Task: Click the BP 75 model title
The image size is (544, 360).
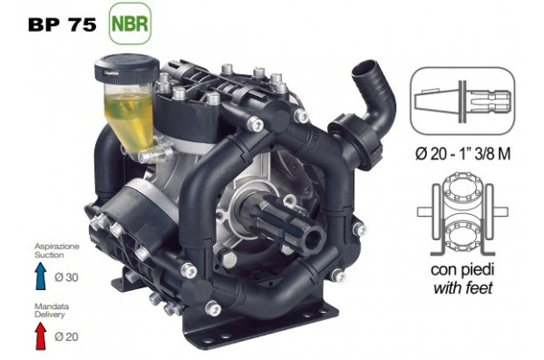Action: [x=63, y=24]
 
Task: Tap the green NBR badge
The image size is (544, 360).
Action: [x=130, y=24]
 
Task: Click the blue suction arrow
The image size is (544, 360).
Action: [x=41, y=276]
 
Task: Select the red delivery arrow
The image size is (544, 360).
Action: [x=41, y=336]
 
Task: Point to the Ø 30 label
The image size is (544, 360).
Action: [x=66, y=277]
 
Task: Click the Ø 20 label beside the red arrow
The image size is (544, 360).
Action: [x=66, y=336]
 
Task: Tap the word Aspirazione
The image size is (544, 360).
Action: [x=57, y=247]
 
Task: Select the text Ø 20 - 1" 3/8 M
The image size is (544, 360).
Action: [x=462, y=154]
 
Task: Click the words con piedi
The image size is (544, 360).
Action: [x=462, y=269]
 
